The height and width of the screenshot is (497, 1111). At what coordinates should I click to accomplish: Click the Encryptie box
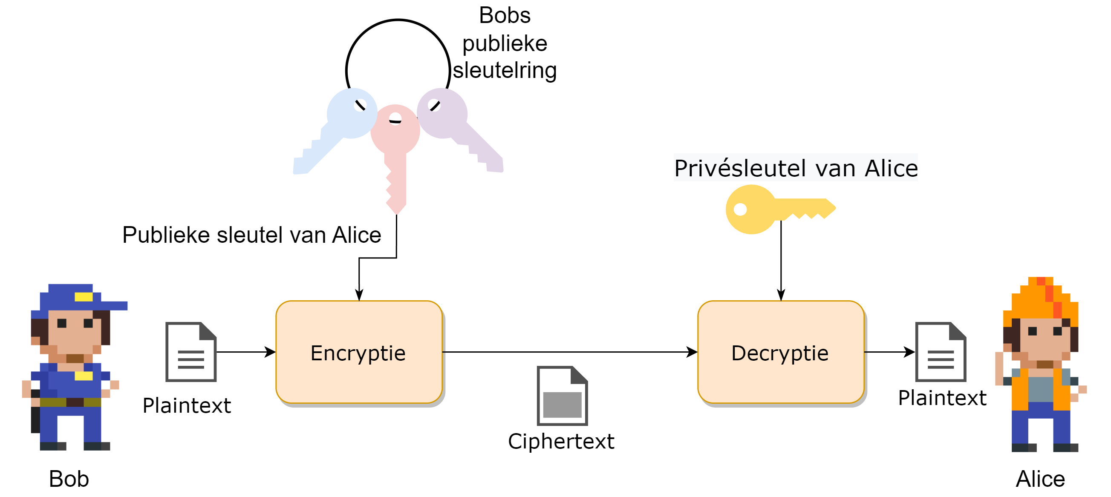click(359, 352)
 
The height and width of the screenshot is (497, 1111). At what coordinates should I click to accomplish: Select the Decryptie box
click(781, 352)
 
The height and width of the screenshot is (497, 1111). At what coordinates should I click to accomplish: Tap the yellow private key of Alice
click(768, 210)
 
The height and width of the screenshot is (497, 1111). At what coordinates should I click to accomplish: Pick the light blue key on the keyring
click(336, 129)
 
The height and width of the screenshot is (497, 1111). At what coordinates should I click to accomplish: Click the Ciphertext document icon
click(562, 395)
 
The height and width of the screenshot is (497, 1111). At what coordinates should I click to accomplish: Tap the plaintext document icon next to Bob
click(191, 352)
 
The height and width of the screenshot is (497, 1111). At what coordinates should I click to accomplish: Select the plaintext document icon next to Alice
click(941, 352)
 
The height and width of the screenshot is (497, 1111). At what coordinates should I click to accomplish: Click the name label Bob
click(69, 479)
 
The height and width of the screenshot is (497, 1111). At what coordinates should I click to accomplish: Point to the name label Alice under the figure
click(1040, 479)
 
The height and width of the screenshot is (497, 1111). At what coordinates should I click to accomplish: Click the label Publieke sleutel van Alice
click(252, 236)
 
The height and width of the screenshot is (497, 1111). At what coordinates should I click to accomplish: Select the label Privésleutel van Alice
click(796, 168)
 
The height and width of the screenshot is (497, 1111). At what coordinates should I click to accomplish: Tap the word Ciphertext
click(561, 441)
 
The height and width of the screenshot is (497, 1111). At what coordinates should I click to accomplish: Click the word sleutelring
click(505, 70)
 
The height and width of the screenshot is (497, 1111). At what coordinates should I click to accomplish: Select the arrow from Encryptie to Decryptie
click(569, 352)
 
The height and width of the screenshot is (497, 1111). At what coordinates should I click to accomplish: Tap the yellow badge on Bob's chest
click(83, 376)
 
